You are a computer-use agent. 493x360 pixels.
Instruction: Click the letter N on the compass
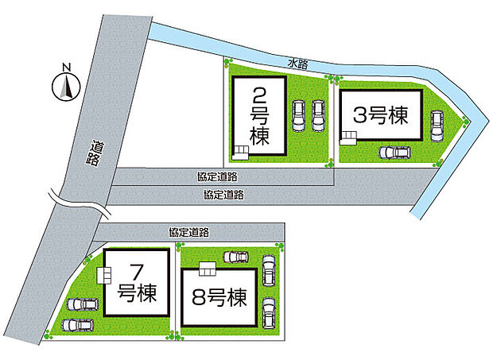(x=68, y=68)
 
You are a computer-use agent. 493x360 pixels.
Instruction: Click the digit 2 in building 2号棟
(x=259, y=97)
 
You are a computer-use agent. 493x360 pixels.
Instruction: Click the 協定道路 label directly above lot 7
(x=189, y=233)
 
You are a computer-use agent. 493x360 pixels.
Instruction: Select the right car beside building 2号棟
(x=318, y=116)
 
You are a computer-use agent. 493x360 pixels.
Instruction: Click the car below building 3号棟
(x=394, y=152)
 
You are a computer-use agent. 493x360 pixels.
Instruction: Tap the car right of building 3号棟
(x=437, y=122)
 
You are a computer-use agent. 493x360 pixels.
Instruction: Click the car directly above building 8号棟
(x=235, y=257)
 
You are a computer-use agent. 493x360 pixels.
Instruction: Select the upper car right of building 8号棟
(x=269, y=269)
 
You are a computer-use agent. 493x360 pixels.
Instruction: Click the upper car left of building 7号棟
(x=82, y=304)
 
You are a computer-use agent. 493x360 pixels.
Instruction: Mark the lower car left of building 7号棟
(x=76, y=324)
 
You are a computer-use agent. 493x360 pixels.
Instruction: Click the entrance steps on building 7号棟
(x=103, y=274)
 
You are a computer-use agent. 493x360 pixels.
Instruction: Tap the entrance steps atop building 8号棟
(x=208, y=266)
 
